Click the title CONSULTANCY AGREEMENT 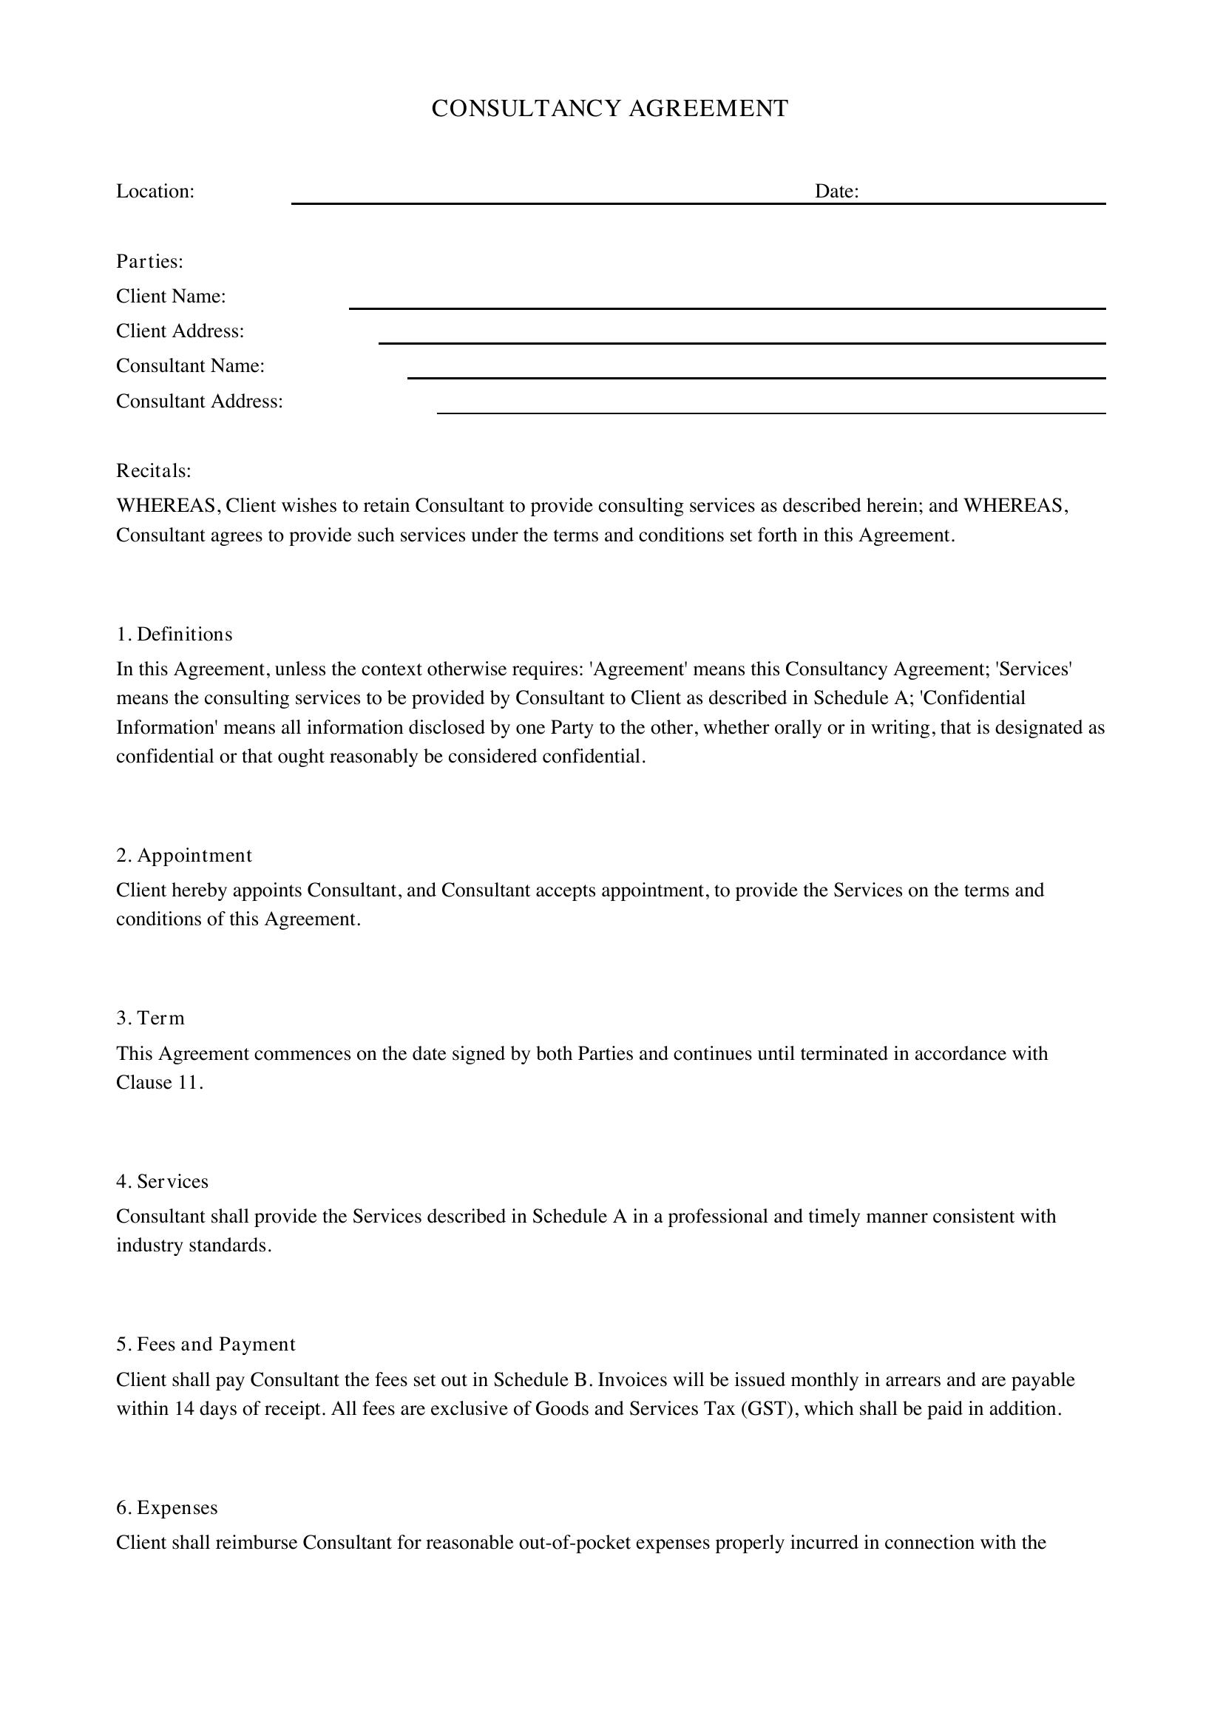pos(609,109)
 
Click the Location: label pos(155,192)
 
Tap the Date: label pos(837,192)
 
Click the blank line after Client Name pos(727,307)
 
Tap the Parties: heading pos(150,261)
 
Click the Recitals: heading pos(154,471)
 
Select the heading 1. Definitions pos(175,635)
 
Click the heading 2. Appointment pos(185,855)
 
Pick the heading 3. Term pos(151,1018)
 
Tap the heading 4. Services pos(163,1181)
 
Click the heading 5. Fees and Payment pos(206,1344)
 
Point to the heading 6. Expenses pos(167,1507)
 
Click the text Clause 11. pos(159,1083)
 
